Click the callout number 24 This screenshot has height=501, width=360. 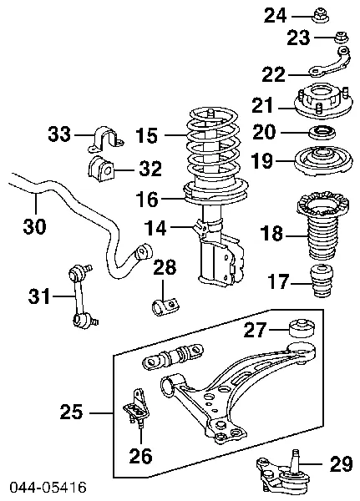(x=275, y=14)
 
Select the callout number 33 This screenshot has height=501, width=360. (x=59, y=134)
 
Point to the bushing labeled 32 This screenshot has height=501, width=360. (x=100, y=167)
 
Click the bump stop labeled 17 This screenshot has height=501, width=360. (x=322, y=284)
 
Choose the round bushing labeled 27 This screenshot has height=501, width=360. (x=300, y=328)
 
